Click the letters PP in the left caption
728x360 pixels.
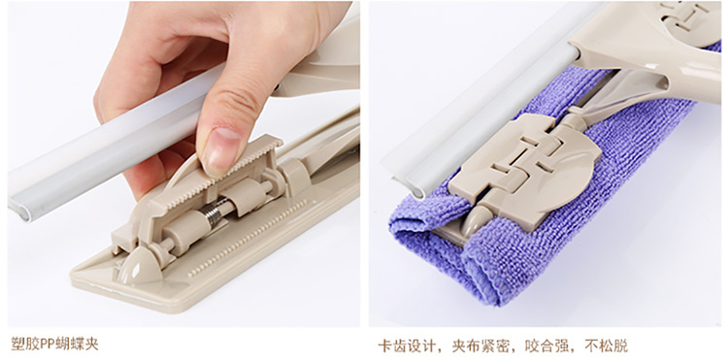click(48, 344)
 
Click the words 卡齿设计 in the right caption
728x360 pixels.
click(407, 345)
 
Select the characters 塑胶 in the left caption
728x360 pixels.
click(25, 344)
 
